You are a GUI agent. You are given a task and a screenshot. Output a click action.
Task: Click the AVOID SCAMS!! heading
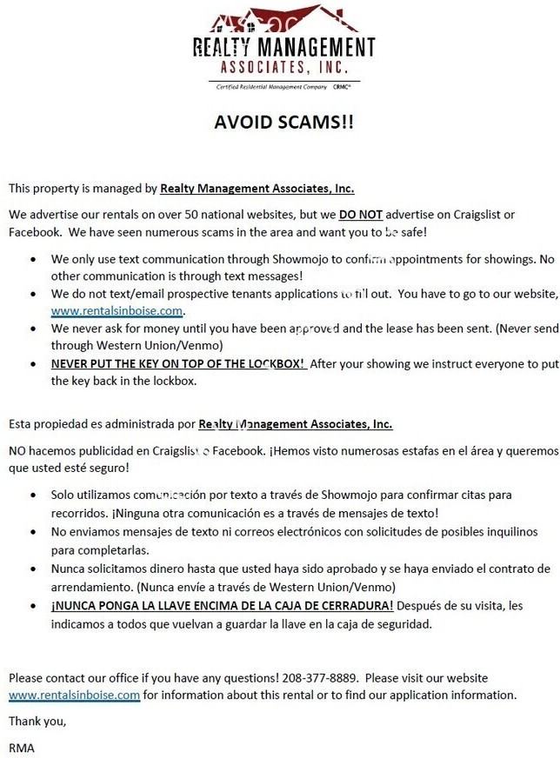point(283,122)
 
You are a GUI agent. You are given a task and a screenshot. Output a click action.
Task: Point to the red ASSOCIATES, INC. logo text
point(283,67)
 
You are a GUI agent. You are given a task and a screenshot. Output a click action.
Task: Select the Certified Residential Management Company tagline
point(271,87)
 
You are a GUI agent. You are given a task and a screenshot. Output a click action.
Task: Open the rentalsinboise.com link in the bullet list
point(117,310)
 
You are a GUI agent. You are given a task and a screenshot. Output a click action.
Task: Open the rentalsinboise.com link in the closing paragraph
point(74,695)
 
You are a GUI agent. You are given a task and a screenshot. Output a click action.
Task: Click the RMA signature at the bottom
point(21,746)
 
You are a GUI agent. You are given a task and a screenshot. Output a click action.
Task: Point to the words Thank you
point(37,721)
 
